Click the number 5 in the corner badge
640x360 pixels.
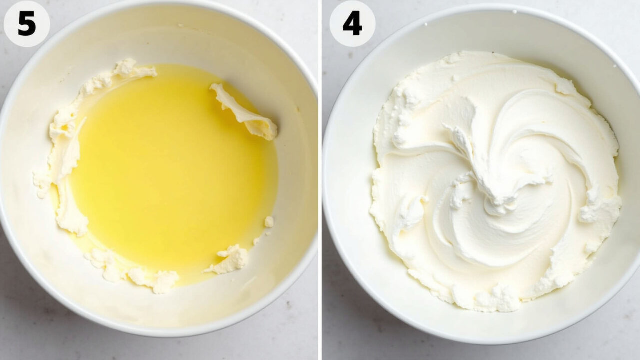27,23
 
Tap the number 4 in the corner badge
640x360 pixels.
352,23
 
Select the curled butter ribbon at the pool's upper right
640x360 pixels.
244,111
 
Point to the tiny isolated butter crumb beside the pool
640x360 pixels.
269,221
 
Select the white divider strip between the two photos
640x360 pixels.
320,180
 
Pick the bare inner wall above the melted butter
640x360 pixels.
171,43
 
